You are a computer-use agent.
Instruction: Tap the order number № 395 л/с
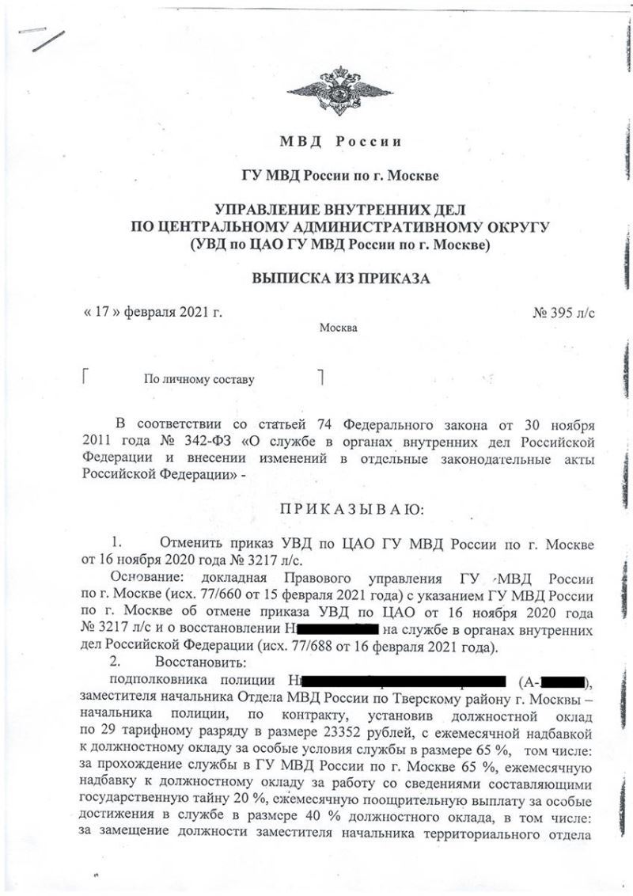pyautogui.click(x=565, y=312)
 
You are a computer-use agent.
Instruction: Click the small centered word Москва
pyautogui.click(x=339, y=328)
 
